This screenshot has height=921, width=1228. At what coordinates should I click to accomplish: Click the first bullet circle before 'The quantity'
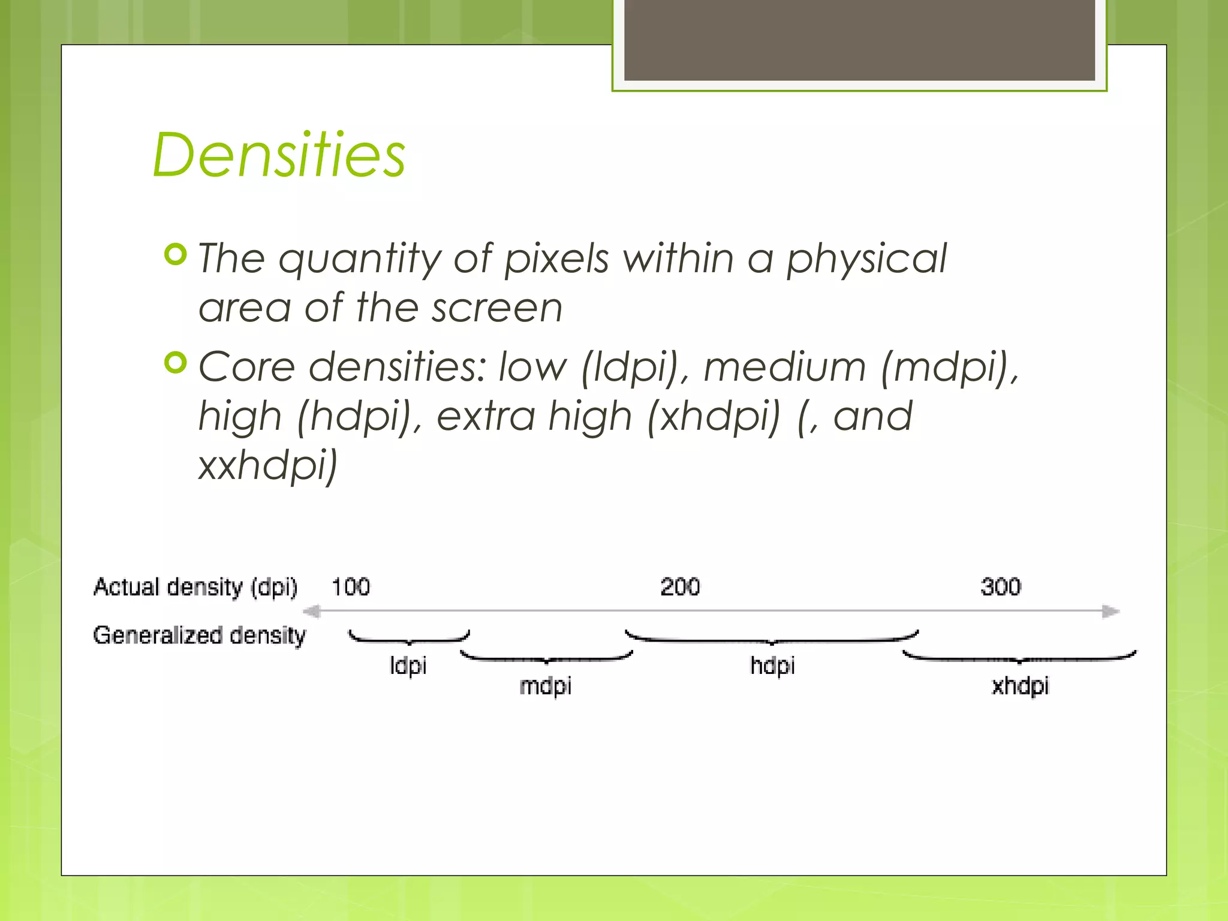tap(176, 255)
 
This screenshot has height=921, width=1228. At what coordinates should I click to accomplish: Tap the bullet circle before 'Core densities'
tap(176, 363)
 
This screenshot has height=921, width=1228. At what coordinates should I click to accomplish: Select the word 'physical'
tap(866, 259)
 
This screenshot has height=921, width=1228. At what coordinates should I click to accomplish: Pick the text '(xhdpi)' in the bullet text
tap(714, 416)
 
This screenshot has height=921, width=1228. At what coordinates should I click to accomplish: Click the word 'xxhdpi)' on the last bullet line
tap(268, 465)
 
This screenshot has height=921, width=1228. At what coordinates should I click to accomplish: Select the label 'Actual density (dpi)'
tap(195, 587)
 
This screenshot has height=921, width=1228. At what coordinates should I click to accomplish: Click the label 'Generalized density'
tap(199, 635)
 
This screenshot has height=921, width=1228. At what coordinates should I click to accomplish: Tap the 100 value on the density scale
tap(351, 586)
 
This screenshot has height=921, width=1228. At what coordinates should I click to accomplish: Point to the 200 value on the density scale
tap(680, 586)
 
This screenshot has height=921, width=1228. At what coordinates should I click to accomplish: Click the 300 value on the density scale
tap(1000, 586)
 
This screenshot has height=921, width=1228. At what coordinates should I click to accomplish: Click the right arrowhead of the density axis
tap(1110, 612)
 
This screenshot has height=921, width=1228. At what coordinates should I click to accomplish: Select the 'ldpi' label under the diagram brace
tap(408, 666)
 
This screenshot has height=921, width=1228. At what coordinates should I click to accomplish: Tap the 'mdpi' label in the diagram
tap(545, 686)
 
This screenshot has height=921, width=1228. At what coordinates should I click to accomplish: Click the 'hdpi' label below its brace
tap(772, 666)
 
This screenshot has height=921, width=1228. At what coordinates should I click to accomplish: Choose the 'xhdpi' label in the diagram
tap(1020, 686)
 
